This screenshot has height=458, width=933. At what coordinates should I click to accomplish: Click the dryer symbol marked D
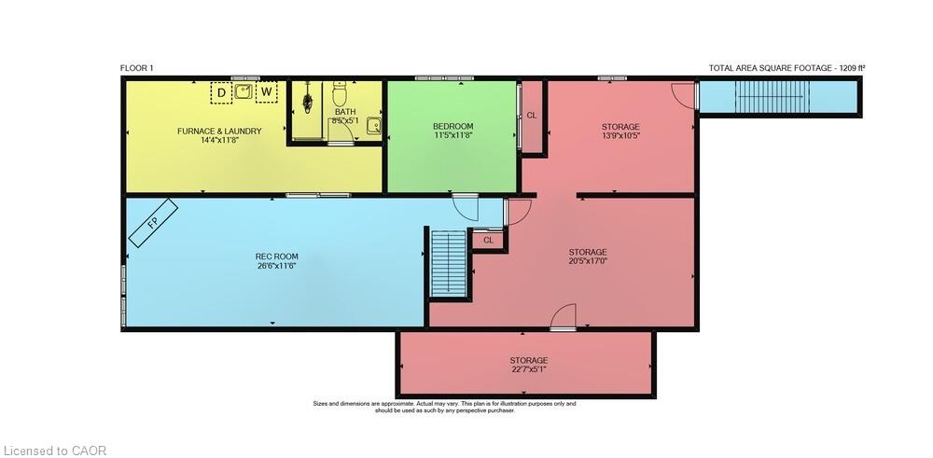point(221,92)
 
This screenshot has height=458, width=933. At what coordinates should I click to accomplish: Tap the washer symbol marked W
point(267,92)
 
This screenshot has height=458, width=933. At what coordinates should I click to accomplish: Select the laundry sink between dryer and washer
point(244,91)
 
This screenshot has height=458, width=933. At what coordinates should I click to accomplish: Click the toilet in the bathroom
point(340,93)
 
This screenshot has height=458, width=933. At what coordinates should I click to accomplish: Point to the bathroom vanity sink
point(373,126)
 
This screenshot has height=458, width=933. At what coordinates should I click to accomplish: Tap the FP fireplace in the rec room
point(153,223)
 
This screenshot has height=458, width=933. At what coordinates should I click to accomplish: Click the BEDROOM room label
point(453,126)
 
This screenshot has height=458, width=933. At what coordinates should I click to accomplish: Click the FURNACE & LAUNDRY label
point(219,131)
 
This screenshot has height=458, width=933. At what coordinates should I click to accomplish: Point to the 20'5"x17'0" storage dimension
point(587,260)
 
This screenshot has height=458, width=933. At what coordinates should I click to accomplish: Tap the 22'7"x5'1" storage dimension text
point(528,369)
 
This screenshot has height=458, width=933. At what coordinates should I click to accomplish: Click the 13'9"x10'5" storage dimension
point(620,135)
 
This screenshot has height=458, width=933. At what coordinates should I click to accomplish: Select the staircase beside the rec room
point(448,263)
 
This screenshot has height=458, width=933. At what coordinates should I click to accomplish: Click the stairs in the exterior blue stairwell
point(773,96)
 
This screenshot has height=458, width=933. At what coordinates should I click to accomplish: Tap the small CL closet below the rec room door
point(488,241)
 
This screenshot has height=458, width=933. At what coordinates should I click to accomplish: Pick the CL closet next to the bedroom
point(532,116)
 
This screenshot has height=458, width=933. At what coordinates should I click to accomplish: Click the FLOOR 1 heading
point(137,68)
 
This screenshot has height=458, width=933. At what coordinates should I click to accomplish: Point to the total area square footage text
point(787,68)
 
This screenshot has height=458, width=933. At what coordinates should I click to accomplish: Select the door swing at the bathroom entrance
point(341,131)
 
